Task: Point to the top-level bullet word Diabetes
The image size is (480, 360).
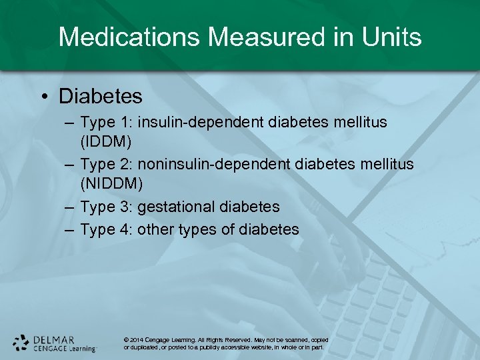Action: pos(101,96)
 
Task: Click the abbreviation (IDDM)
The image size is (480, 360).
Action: pos(106,142)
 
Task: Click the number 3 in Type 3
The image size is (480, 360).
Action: pos(125,207)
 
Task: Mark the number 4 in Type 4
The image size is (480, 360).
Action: pos(125,229)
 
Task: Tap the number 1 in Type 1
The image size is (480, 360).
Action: pos(124,123)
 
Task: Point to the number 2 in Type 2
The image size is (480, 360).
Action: pos(125,164)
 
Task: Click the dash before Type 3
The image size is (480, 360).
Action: pos(70,207)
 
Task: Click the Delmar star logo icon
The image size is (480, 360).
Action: pos(22,342)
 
